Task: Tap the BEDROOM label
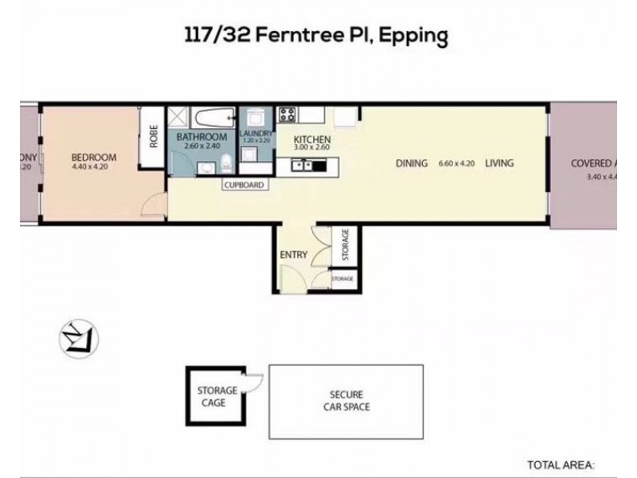tap(94, 157)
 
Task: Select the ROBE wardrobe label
tap(154, 135)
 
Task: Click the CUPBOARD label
tap(244, 185)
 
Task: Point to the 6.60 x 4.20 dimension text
tap(456, 163)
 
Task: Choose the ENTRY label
tap(292, 254)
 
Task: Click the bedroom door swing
tap(151, 206)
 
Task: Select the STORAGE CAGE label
tap(217, 396)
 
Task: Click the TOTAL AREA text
tap(561, 464)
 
